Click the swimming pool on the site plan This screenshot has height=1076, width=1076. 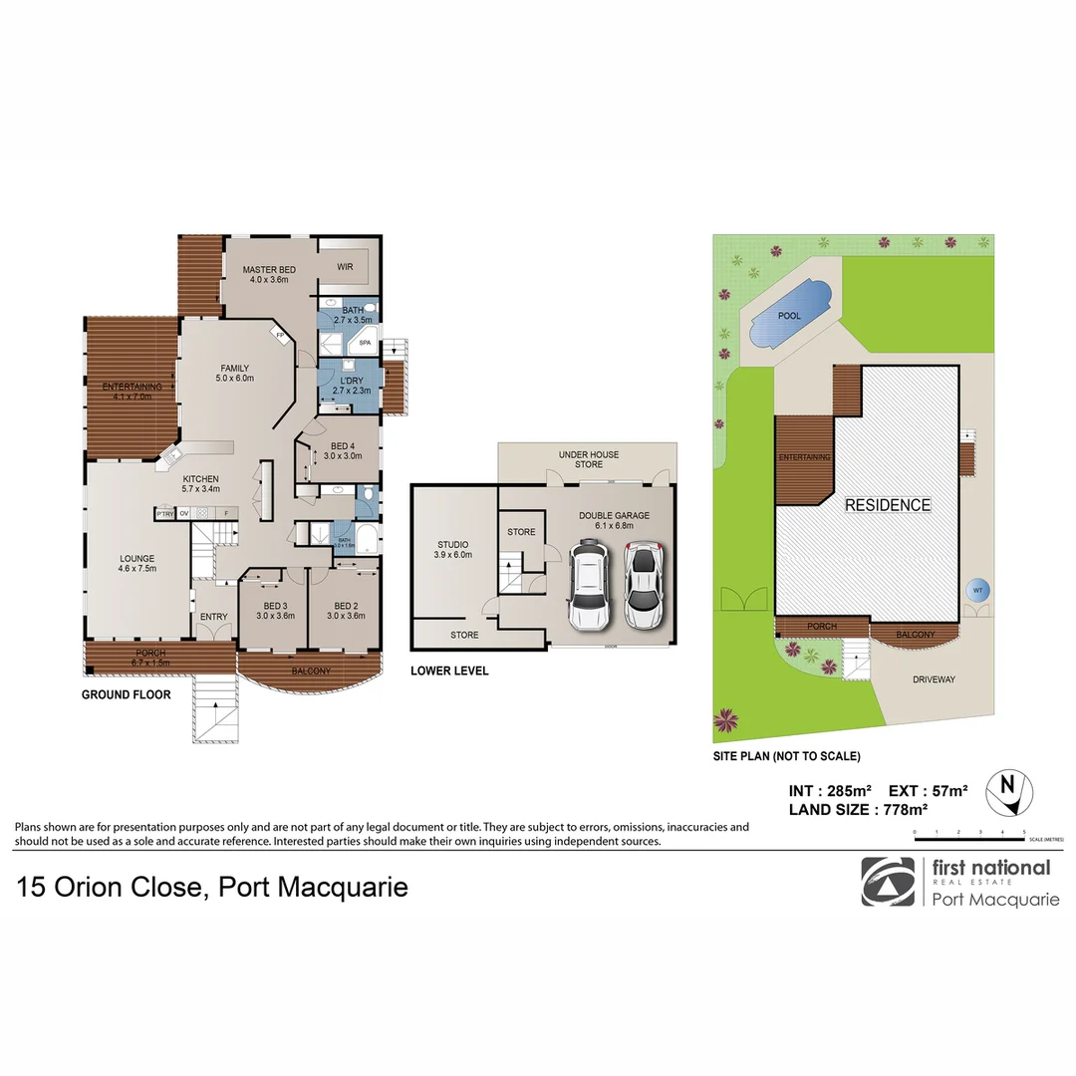pyautogui.click(x=789, y=315)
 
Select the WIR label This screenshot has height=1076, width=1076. pyautogui.click(x=345, y=266)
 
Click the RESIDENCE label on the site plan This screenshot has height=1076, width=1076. pyautogui.click(x=887, y=505)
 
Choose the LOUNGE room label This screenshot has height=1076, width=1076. pyautogui.click(x=136, y=559)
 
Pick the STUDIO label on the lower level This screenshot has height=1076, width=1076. pyautogui.click(x=452, y=545)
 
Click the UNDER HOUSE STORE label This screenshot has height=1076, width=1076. pyautogui.click(x=589, y=459)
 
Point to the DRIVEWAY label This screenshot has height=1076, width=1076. pyautogui.click(x=934, y=679)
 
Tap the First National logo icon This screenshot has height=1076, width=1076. pyautogui.click(x=887, y=882)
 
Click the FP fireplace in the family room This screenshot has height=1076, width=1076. pyautogui.click(x=281, y=335)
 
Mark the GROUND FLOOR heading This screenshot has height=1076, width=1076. pyautogui.click(x=126, y=694)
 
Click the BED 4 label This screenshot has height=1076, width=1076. pyautogui.click(x=343, y=446)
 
